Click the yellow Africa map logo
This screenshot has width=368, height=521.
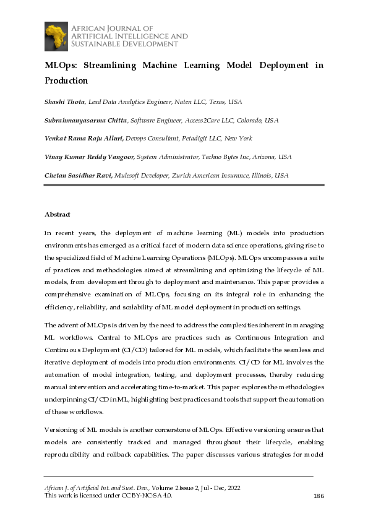[56, 36]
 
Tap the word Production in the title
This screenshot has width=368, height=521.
[66, 80]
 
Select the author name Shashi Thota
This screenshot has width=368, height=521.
[64, 101]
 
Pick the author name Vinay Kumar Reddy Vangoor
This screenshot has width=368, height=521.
[89, 157]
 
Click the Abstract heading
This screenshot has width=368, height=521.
[58, 214]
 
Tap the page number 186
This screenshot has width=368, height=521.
[319, 496]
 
